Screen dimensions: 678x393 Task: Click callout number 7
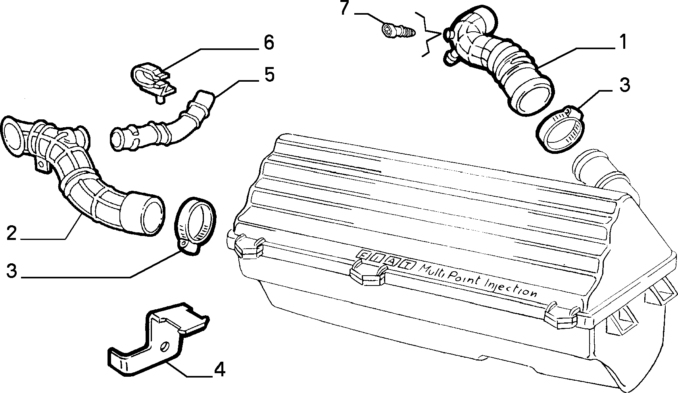coord(345,8)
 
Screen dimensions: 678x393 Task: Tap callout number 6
coord(269,42)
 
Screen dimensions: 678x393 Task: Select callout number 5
coord(269,75)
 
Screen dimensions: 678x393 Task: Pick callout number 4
coord(220,370)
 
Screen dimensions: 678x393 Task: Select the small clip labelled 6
coord(153,81)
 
